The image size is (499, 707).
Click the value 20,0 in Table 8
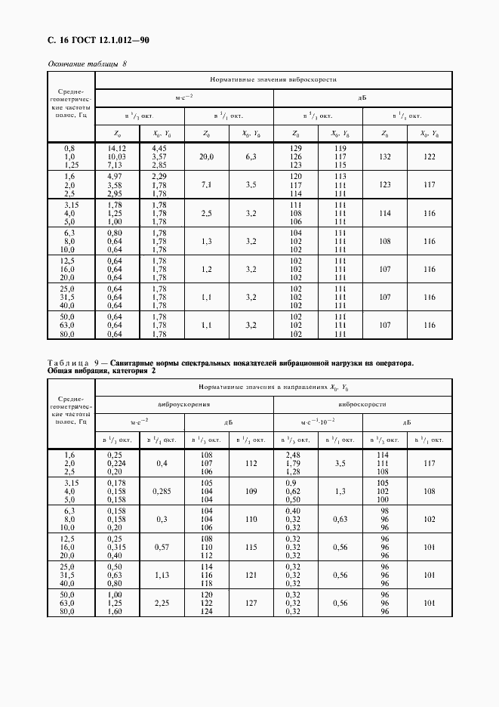(x=207, y=156)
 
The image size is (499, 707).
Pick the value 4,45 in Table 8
(x=159, y=149)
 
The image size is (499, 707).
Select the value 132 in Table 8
(x=385, y=156)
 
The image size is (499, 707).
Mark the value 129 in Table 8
(x=296, y=149)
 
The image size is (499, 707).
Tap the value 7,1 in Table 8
(x=207, y=184)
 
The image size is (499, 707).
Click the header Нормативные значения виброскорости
(x=273, y=79)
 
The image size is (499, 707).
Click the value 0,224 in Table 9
(x=116, y=465)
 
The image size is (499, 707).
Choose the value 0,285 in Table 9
(x=162, y=492)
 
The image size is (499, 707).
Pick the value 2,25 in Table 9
(x=162, y=603)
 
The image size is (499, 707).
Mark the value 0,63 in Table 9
(x=340, y=520)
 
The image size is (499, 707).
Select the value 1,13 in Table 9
(x=162, y=575)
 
